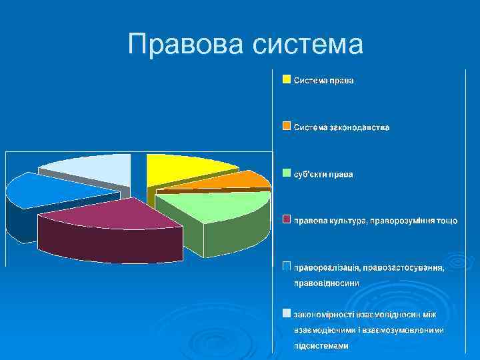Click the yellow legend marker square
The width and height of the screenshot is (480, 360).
tap(286, 80)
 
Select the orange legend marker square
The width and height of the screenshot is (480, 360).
tap(286, 126)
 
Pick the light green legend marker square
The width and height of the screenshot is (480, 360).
tap(286, 173)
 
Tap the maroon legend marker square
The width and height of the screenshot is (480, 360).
tap(286, 219)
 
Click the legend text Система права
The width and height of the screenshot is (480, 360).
tap(324, 80)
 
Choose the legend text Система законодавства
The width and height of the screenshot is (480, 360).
tap(342, 127)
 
